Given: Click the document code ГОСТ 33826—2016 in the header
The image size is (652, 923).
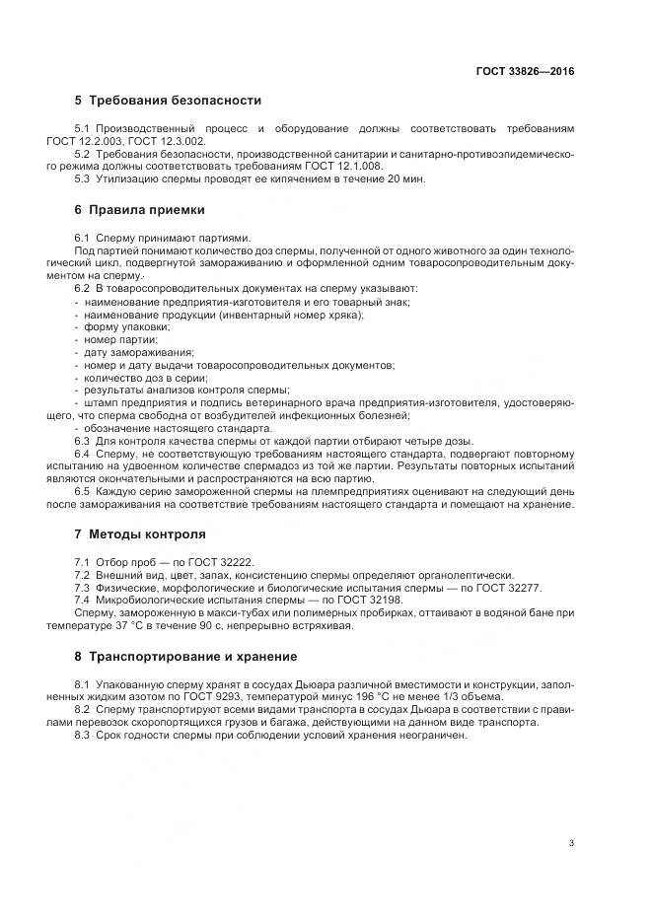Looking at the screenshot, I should pyautogui.click(x=526, y=72).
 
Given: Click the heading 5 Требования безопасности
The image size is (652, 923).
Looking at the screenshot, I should pyautogui.click(x=168, y=101).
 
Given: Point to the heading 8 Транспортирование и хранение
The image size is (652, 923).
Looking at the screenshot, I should pyautogui.click(x=184, y=656).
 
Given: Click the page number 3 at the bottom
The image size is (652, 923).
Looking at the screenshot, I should pyautogui.click(x=572, y=842).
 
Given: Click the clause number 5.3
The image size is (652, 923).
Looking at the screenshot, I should pyautogui.click(x=82, y=178).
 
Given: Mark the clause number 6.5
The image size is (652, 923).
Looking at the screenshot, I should pyautogui.click(x=82, y=491).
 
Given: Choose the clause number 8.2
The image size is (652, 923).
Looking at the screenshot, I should pyautogui.click(x=82, y=710).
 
